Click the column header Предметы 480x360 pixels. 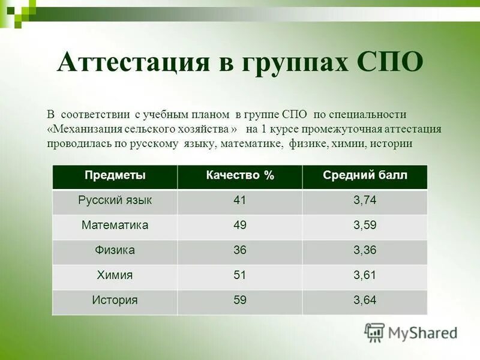[115, 176]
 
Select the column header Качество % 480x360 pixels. [240, 176]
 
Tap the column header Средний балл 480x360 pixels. [365, 176]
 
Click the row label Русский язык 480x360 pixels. [115, 200]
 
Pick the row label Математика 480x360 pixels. [115, 226]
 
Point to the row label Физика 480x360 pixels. [115, 250]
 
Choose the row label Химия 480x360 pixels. [115, 275]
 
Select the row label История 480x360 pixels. [115, 300]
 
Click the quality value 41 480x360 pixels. [240, 200]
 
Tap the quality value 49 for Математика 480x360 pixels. [240, 226]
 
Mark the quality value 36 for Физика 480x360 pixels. [240, 250]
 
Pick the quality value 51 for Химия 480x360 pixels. [240, 275]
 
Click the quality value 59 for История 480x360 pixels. [240, 300]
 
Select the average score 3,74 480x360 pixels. [365, 200]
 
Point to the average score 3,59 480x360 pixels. [365, 226]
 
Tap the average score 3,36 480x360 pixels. [365, 250]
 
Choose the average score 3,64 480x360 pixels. [365, 300]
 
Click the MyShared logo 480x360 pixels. [411, 332]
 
